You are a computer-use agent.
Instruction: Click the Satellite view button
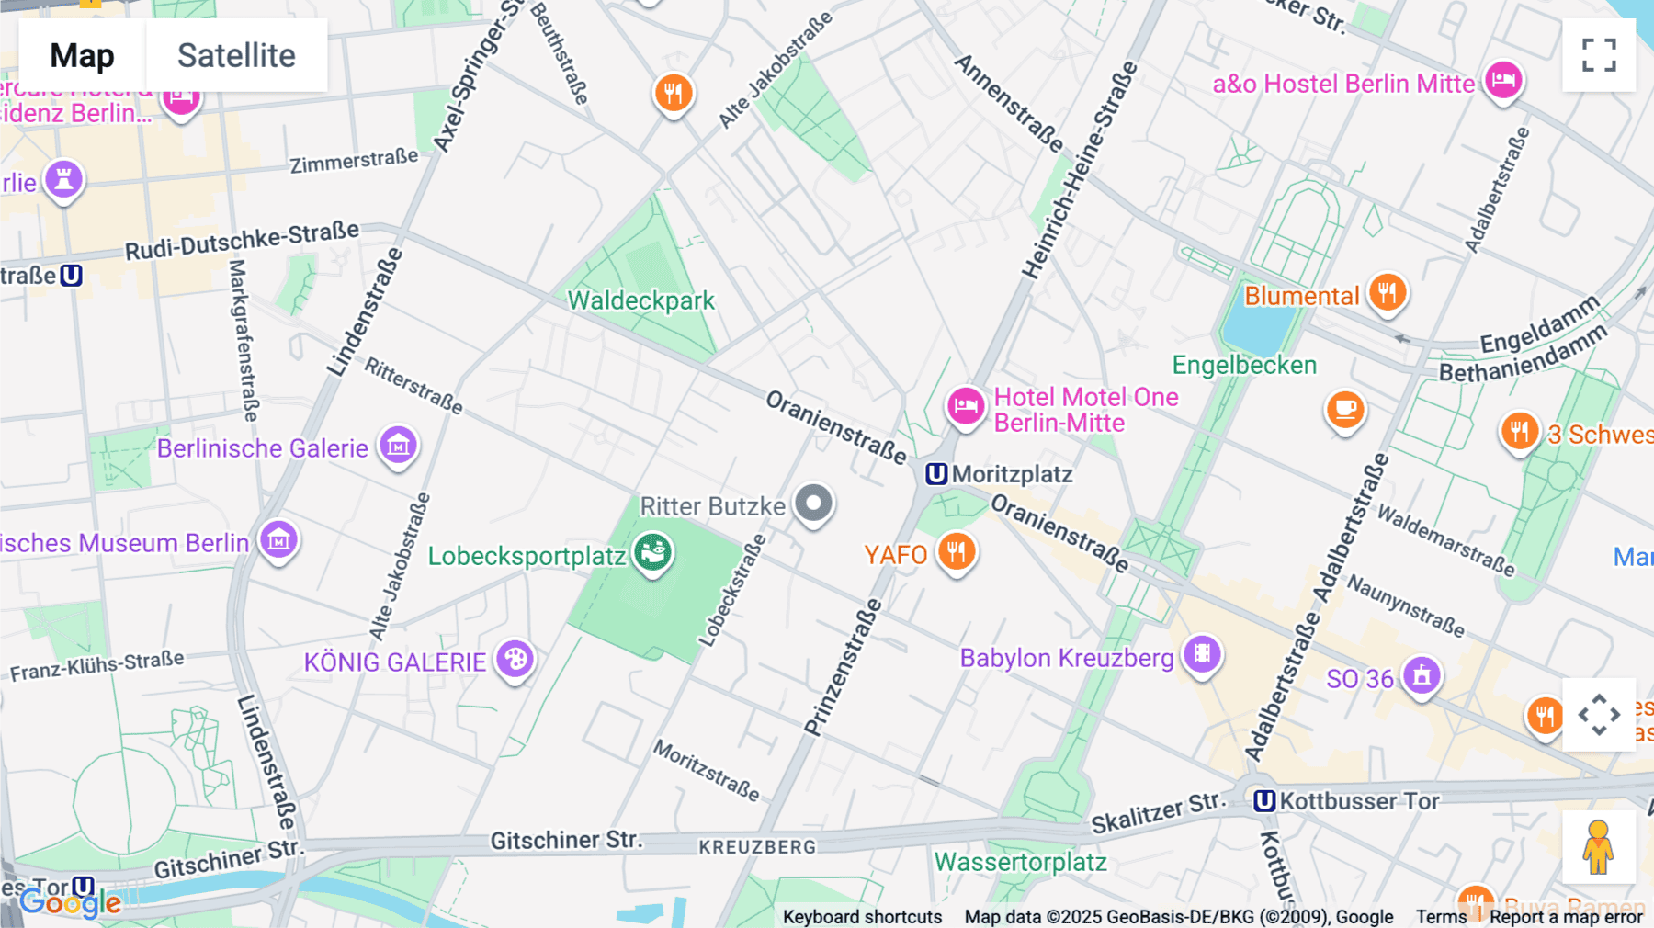pos(236,55)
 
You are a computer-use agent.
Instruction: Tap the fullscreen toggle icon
pos(1599,55)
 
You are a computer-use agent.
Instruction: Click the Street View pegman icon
pos(1598,846)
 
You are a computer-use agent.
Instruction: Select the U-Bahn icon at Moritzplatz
pos(935,474)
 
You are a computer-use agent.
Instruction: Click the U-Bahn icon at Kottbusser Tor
pos(1264,801)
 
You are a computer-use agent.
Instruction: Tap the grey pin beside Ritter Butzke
pos(813,504)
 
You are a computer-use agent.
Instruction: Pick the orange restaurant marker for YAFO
pos(957,552)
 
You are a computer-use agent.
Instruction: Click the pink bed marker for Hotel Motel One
pos(966,404)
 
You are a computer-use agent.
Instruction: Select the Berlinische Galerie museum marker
pos(399,447)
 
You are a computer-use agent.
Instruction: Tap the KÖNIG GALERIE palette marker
pos(515,659)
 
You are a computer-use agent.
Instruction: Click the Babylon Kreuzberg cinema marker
pos(1202,655)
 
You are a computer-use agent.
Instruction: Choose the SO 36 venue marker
pos(1422,676)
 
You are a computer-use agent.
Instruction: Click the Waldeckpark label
pos(640,300)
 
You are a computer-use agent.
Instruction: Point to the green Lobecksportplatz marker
pos(653,553)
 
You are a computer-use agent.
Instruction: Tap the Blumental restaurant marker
pos(1388,293)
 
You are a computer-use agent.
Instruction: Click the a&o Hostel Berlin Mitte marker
pos(1503,81)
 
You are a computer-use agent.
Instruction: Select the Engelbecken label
pos(1244,365)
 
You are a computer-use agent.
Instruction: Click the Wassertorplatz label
pos(1020,862)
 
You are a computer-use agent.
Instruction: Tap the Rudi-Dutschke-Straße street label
pos(242,241)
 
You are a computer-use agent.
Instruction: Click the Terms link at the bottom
pos(1441,916)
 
